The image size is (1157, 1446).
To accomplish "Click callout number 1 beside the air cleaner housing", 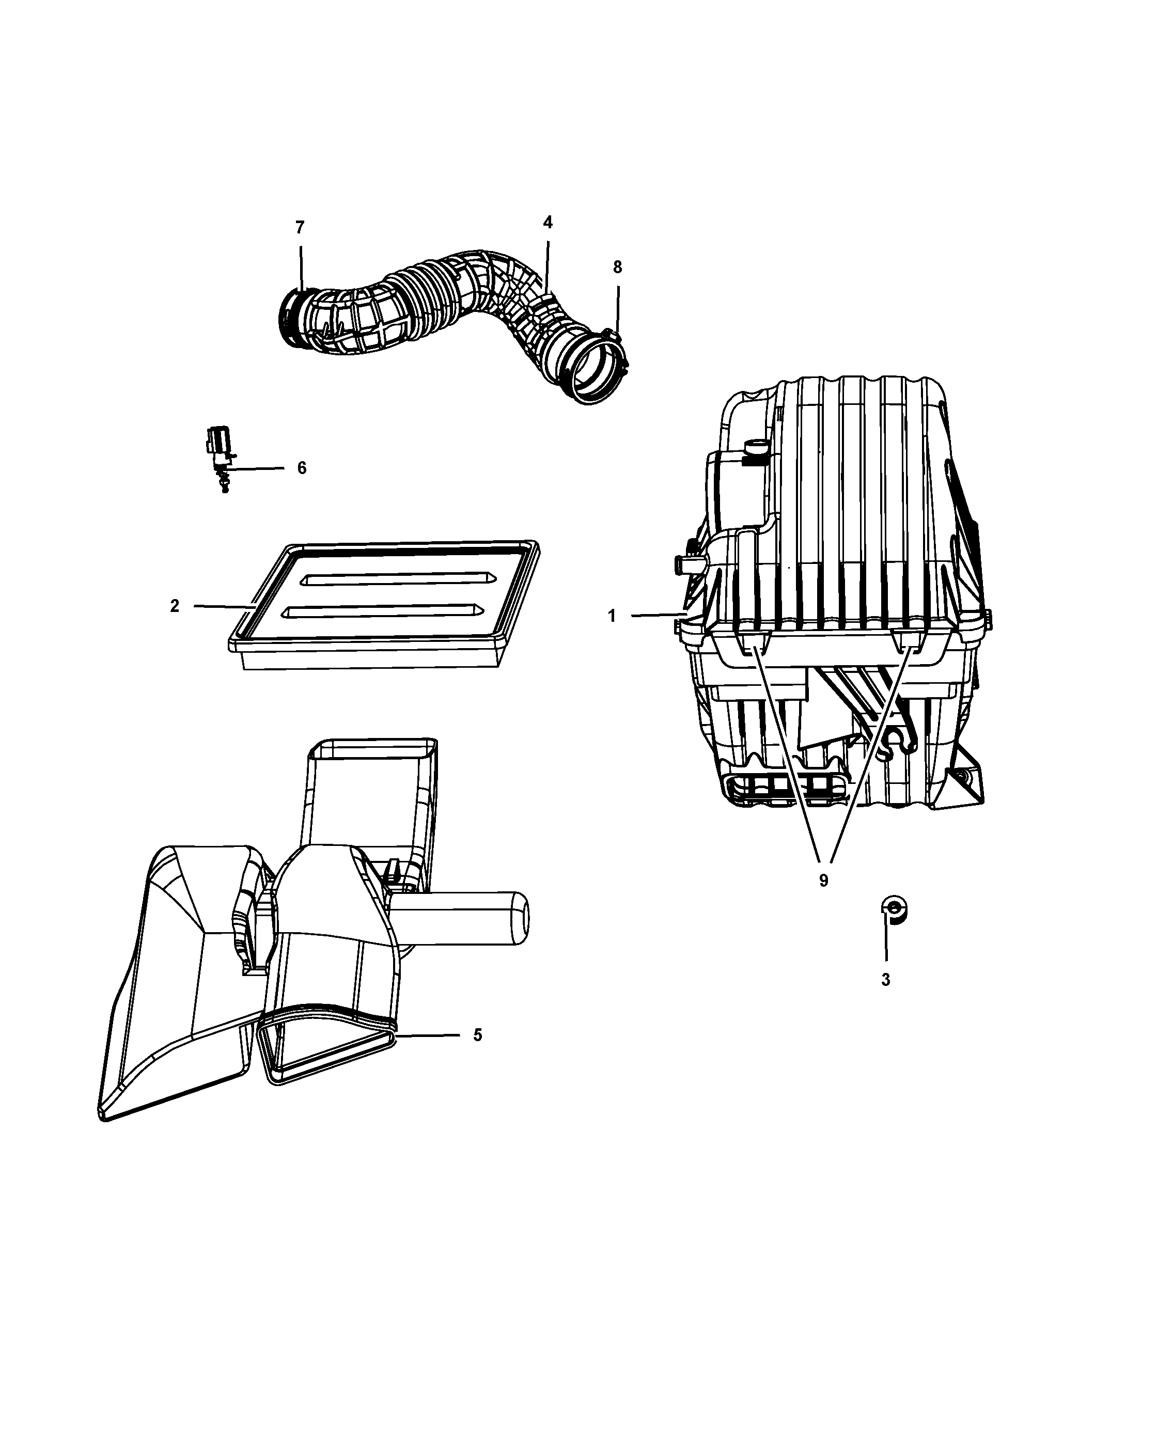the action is pos(612,616).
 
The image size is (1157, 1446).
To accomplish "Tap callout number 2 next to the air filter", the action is pos(175,606).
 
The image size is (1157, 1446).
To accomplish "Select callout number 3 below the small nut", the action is pos(885,980).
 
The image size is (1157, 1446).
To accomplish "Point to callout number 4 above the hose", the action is pos(548,223).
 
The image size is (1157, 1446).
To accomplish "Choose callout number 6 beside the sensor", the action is pos(302,468).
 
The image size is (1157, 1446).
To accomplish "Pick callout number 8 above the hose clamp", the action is pos(618,267).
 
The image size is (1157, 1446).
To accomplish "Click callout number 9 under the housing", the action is pos(824,881).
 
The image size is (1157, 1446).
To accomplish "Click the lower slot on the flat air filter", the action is pos(383,610).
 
